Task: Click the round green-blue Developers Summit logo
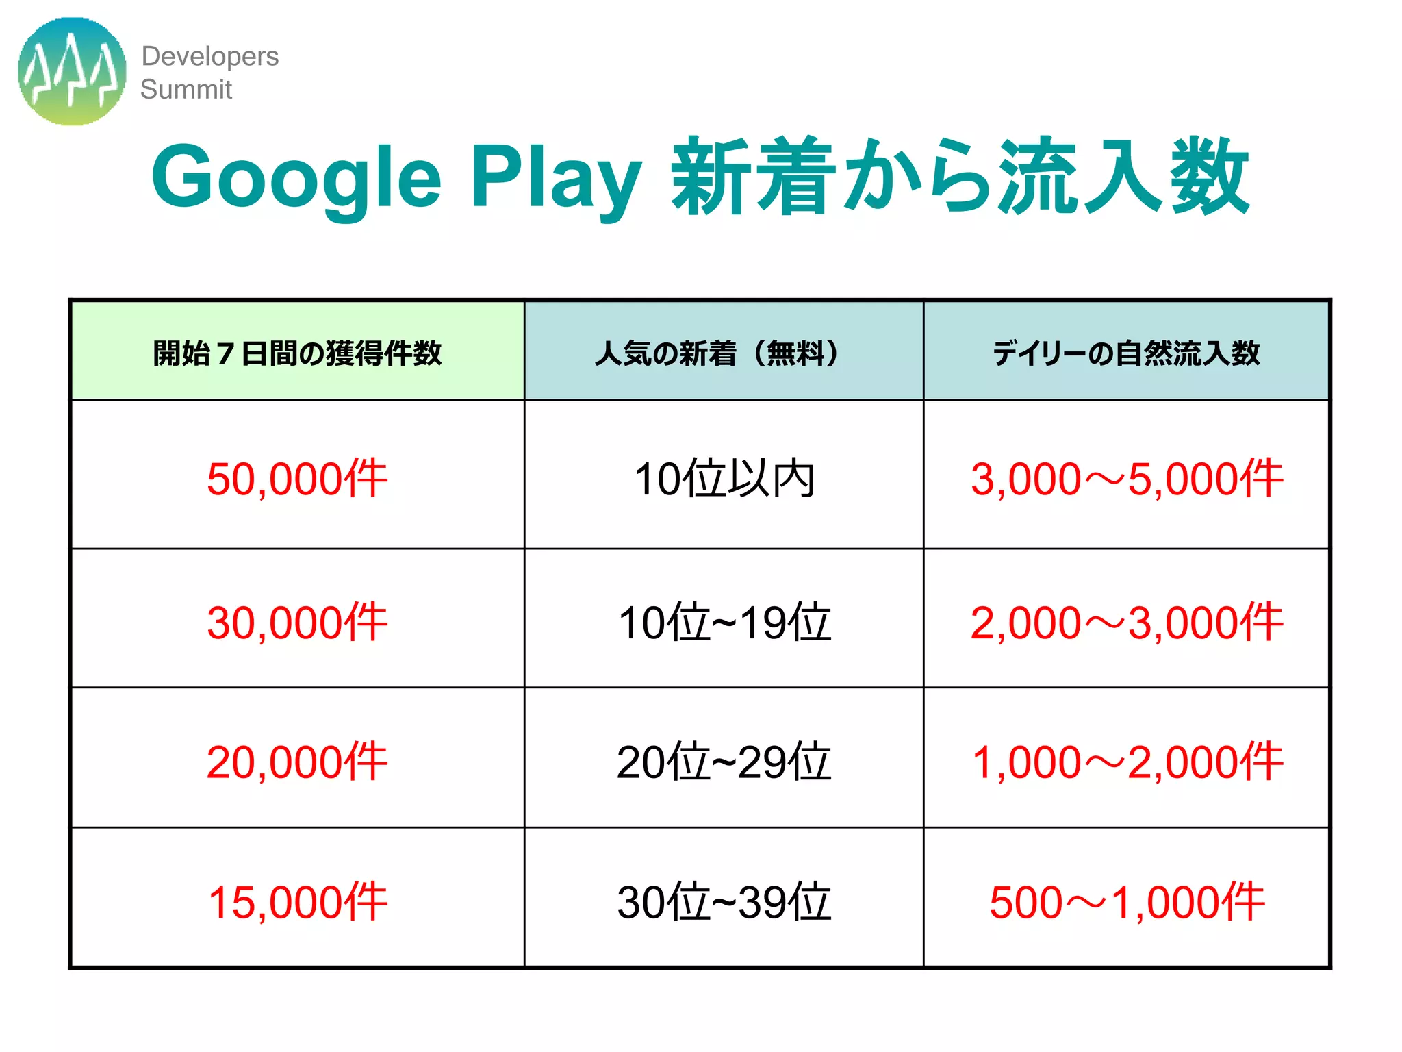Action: click(x=72, y=71)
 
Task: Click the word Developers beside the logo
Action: click(x=209, y=56)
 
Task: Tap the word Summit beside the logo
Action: click(x=186, y=89)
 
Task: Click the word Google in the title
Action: click(x=296, y=177)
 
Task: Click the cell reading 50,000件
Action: click(x=297, y=478)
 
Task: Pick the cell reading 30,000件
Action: click(x=297, y=622)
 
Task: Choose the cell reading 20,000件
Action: click(x=297, y=762)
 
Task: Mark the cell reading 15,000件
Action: click(x=297, y=901)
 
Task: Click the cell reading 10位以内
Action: click(x=724, y=478)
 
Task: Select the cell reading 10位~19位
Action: click(x=724, y=622)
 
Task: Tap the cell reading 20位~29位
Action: click(x=724, y=762)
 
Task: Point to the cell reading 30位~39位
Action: click(x=724, y=901)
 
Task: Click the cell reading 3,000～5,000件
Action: click(x=1126, y=478)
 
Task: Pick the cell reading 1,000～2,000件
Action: click(x=1126, y=762)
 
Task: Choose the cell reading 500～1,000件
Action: click(x=1126, y=901)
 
